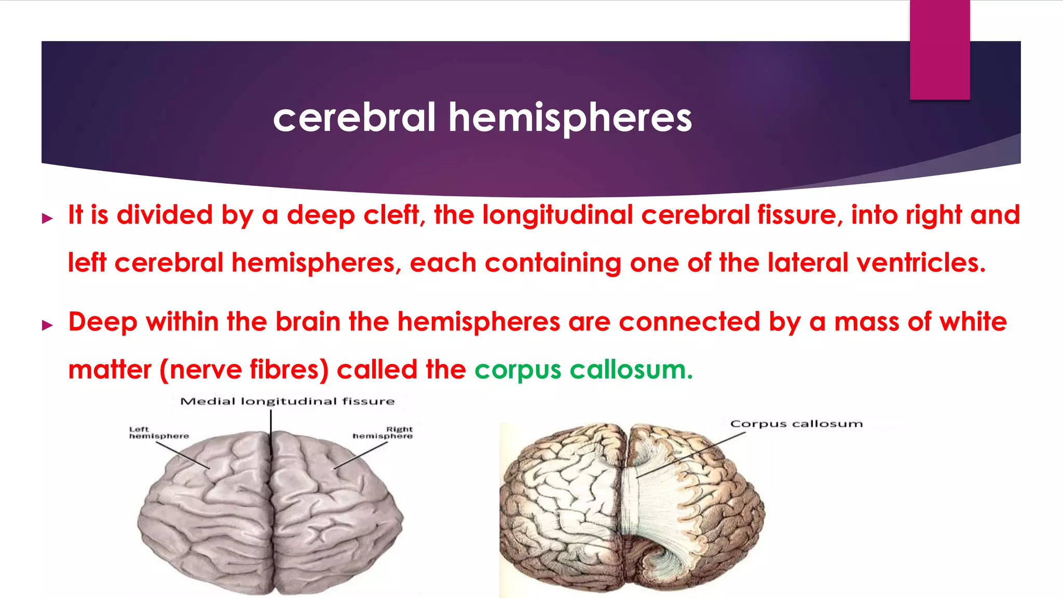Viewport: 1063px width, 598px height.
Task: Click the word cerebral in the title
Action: pos(354,118)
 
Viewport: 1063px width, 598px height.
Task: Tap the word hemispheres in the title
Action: pos(570,118)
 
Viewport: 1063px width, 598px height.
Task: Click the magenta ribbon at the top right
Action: pos(939,49)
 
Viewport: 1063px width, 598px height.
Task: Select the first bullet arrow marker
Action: pos(48,218)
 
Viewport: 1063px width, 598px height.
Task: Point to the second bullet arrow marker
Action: pos(48,325)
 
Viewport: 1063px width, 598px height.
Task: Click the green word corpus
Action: pos(517,370)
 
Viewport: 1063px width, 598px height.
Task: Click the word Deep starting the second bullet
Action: pos(103,322)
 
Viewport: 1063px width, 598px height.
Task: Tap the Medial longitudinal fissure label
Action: pos(287,401)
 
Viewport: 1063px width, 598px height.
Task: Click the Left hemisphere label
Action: pos(159,432)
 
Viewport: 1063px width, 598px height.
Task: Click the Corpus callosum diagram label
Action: pos(796,424)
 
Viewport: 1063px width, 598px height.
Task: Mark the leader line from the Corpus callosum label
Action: pos(690,455)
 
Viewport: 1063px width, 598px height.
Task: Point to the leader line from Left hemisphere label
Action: pos(183,456)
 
